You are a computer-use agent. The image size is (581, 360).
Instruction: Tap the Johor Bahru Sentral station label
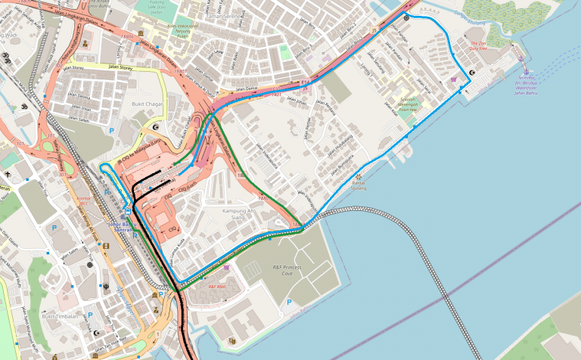pyautogui.click(x=127, y=226)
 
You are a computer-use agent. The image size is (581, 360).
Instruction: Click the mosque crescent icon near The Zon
pyautogui.click(x=473, y=73)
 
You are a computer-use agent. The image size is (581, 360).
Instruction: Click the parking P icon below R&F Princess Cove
pyautogui.click(x=288, y=303)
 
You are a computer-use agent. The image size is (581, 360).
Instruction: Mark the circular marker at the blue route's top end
pyautogui.click(x=407, y=17)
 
